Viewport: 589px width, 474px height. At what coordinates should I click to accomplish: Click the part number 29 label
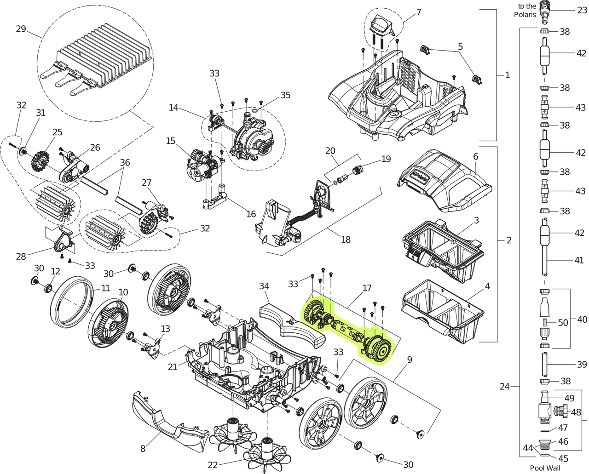(21, 29)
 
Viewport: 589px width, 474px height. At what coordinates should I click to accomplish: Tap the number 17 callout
(367, 288)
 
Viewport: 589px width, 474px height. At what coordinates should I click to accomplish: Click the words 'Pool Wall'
(545, 468)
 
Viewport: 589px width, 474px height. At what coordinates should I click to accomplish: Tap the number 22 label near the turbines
(212, 465)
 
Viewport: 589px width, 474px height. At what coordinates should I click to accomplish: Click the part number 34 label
(264, 286)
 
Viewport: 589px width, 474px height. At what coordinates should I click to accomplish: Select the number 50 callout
(563, 323)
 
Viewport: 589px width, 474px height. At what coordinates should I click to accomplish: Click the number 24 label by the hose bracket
(505, 387)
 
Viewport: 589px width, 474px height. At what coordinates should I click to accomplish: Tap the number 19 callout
(386, 159)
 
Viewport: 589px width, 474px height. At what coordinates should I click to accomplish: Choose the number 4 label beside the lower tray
(487, 286)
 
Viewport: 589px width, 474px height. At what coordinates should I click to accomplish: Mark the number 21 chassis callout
(173, 366)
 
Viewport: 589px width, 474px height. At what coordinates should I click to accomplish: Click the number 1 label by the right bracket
(508, 75)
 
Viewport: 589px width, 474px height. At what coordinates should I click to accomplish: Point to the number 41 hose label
(579, 260)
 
